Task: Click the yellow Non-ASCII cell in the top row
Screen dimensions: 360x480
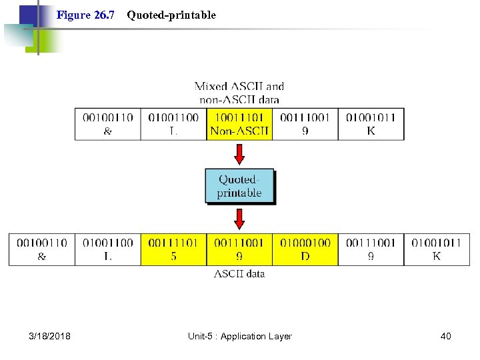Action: pos(239,124)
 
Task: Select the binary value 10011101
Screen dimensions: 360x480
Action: pos(239,118)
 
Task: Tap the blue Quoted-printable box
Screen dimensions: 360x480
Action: pos(239,186)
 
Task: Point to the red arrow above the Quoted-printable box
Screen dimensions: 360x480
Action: pos(239,155)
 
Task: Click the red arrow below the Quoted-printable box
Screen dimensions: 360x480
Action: pos(239,218)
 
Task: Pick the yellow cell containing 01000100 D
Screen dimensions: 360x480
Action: pos(305,249)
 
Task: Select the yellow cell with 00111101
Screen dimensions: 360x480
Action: pos(173,249)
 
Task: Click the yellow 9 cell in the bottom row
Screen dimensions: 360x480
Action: pos(239,249)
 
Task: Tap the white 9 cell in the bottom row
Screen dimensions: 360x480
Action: pos(371,249)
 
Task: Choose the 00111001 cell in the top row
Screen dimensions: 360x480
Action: pos(305,124)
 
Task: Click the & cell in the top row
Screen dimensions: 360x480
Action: pos(107,124)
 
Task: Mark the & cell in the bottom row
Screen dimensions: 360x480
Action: pos(41,249)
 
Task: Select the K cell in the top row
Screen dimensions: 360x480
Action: pos(371,124)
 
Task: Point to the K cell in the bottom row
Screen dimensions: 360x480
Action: pos(437,249)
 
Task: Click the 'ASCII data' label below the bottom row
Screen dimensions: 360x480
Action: pos(239,273)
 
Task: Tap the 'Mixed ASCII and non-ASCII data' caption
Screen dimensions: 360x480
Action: pos(239,93)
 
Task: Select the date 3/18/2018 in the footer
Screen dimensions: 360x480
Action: pos(50,336)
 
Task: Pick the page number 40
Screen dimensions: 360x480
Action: pos(445,336)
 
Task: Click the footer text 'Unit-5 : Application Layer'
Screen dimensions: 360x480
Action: pos(239,336)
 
